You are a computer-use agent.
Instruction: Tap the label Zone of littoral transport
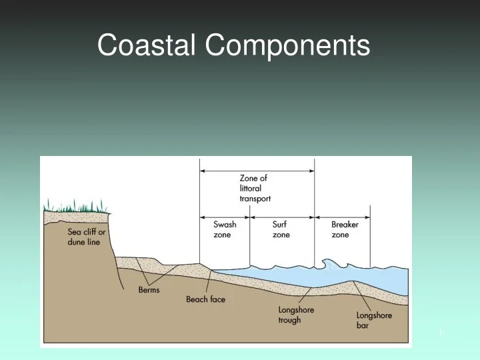pyautogui.click(x=255, y=188)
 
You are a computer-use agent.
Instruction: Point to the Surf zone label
pyautogui.click(x=281, y=230)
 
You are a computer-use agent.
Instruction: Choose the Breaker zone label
pyautogui.click(x=345, y=230)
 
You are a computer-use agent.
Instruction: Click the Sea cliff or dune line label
pyautogui.click(x=86, y=237)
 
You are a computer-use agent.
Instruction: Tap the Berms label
pyautogui.click(x=149, y=290)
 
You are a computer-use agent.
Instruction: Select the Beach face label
pyautogui.click(x=205, y=299)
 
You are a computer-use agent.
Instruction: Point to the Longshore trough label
pyautogui.click(x=296, y=315)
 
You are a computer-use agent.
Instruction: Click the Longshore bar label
pyautogui.click(x=374, y=320)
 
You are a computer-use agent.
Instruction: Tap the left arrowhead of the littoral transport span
pyautogui.click(x=203, y=171)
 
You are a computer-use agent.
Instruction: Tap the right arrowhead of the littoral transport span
pyautogui.click(x=311, y=171)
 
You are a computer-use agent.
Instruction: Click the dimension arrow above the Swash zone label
pyautogui.click(x=225, y=217)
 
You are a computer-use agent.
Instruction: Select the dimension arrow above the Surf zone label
pyautogui.click(x=282, y=217)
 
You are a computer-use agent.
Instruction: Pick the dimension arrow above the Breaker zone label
pyautogui.click(x=342, y=217)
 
